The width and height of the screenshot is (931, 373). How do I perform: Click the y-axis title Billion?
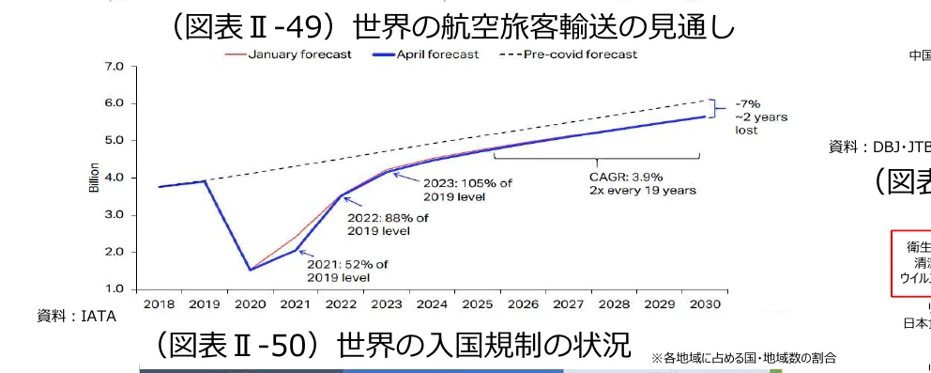click(x=94, y=179)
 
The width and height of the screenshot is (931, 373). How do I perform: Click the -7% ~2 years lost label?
click(x=760, y=117)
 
